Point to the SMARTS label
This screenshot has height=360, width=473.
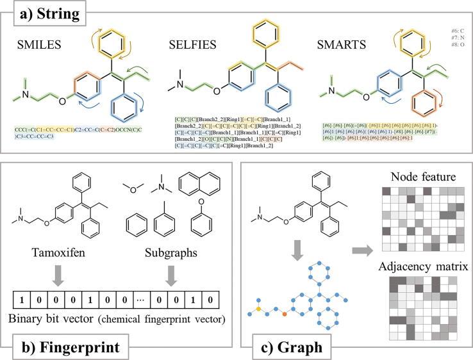pyautogui.click(x=341, y=45)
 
